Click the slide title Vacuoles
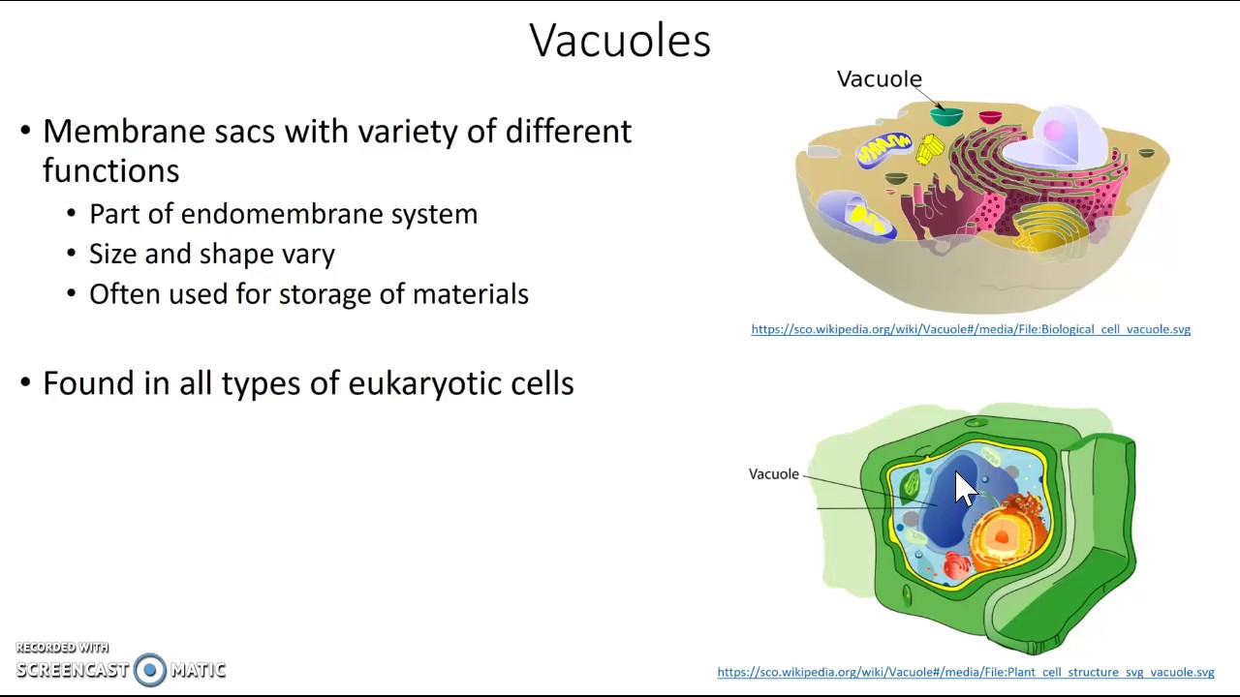point(620,41)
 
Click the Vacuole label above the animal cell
point(879,79)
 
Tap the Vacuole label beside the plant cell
point(773,474)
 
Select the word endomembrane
point(282,214)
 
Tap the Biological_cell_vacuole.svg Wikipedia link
point(971,329)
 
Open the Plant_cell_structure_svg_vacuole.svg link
point(965,672)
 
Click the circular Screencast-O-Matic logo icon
point(150,669)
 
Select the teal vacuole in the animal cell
point(946,117)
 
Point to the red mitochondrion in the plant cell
point(956,566)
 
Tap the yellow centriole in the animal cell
point(930,150)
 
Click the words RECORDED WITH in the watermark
point(62,648)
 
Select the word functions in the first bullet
point(110,171)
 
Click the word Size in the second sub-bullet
point(112,255)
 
